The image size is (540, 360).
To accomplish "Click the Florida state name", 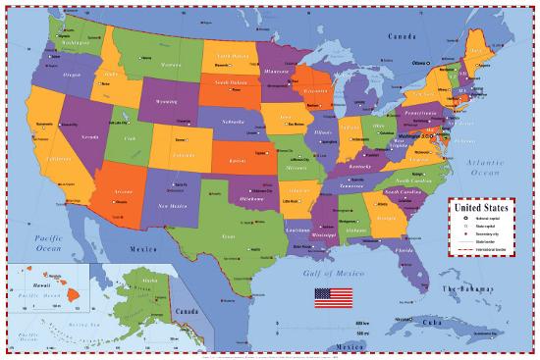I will (x=403, y=250).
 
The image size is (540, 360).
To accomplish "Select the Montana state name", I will (x=171, y=64).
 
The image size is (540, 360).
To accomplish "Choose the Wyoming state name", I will (x=166, y=101).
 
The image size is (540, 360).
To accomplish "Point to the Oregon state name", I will (x=72, y=75).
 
